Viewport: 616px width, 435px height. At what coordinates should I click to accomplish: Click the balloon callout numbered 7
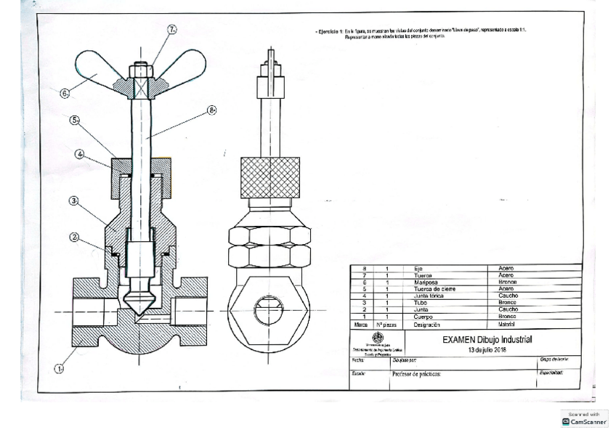173,30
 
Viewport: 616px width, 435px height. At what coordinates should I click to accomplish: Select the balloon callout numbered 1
60,367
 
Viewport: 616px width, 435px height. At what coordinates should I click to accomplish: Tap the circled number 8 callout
213,110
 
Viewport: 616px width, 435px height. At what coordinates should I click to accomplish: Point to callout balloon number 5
75,120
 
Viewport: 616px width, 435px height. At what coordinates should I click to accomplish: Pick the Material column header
506,325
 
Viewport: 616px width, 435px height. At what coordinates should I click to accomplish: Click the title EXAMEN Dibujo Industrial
487,339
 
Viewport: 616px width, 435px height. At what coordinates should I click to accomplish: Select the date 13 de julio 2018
487,349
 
